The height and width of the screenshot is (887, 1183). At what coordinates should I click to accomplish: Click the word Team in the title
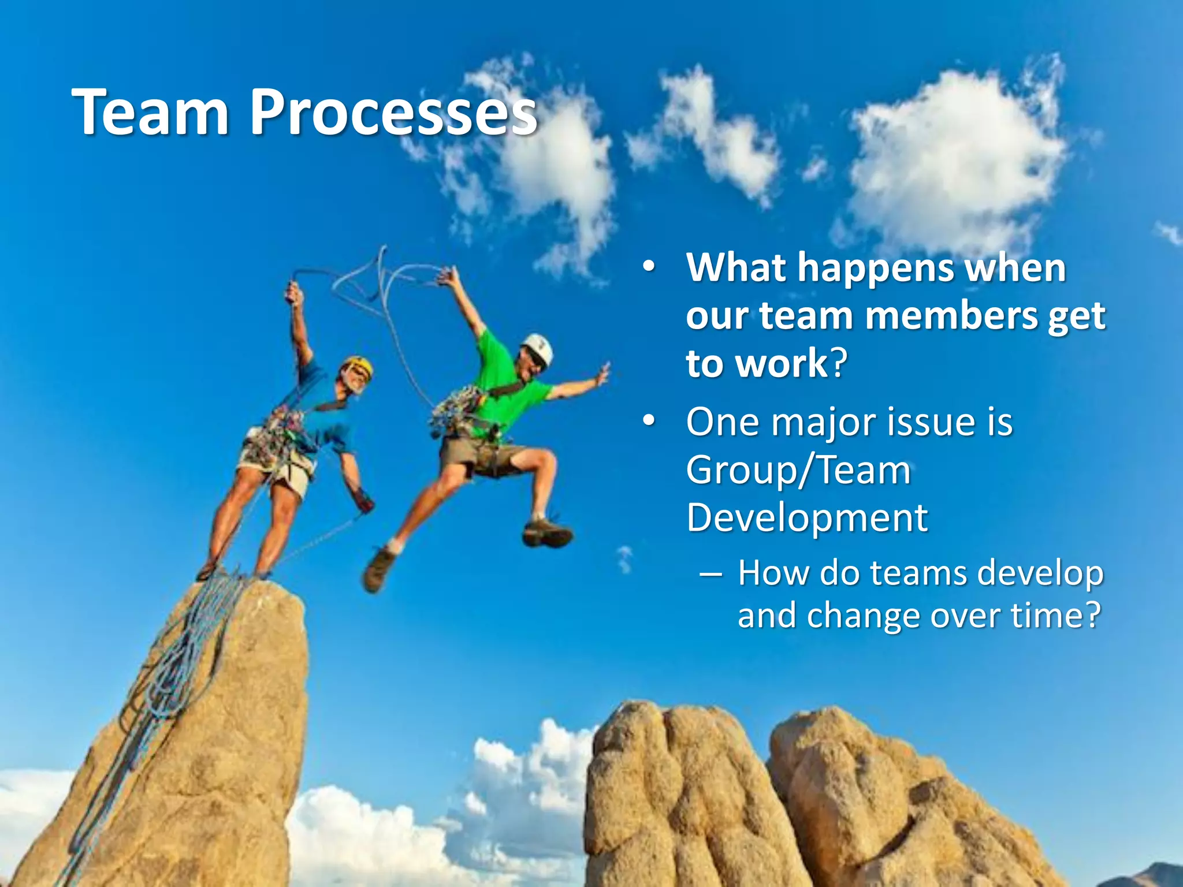(x=151, y=113)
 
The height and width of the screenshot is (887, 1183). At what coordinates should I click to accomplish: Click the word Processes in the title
(x=393, y=113)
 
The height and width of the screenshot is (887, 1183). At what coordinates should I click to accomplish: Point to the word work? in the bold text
(x=794, y=364)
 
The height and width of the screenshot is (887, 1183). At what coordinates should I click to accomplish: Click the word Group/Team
(x=798, y=471)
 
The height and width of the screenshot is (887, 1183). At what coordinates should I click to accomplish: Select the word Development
(x=807, y=517)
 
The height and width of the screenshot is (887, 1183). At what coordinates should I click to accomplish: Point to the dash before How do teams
(x=710, y=575)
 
